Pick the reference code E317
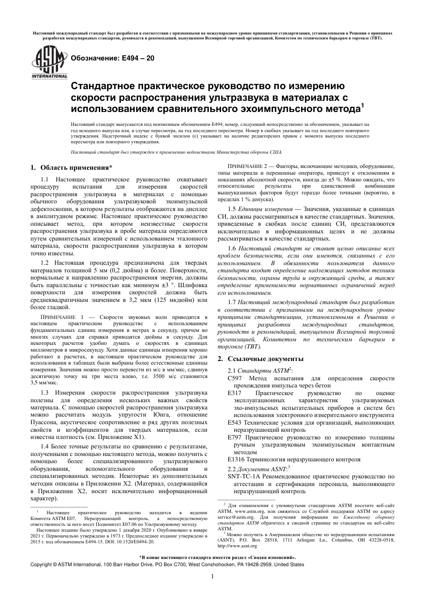coord(234,393)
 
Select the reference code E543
coord(234,422)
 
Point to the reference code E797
coord(234,437)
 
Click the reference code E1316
coord(235,459)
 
